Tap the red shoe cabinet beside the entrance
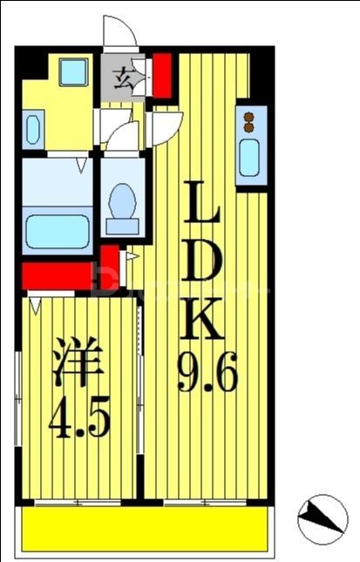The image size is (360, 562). click(x=161, y=75)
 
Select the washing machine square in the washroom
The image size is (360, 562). click(x=73, y=71)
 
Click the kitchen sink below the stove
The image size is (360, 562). click(x=250, y=157)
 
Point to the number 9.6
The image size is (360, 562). click(x=207, y=376)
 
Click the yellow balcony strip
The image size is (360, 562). click(x=144, y=529)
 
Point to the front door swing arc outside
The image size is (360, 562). click(x=119, y=33)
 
